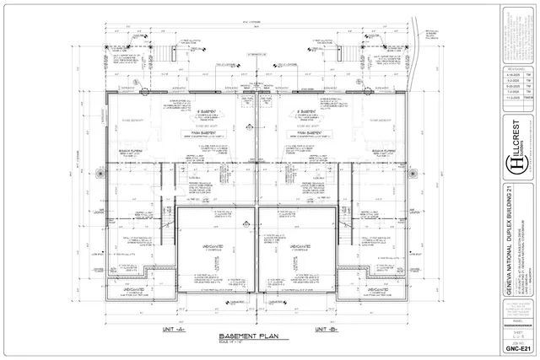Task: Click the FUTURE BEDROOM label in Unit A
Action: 134,120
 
